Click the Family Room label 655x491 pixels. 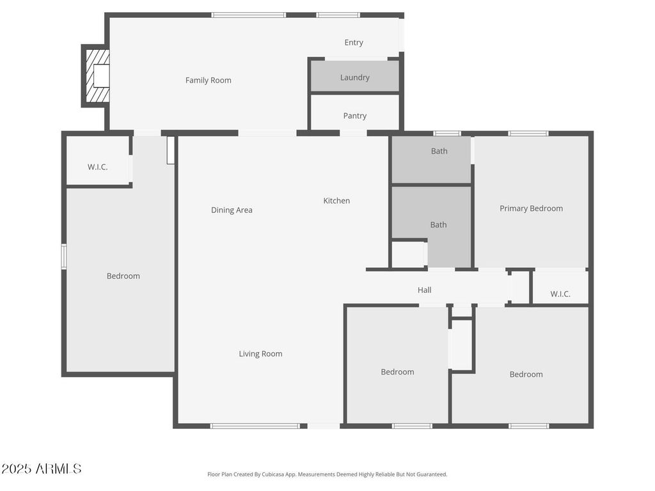pyautogui.click(x=208, y=80)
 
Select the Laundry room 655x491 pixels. pyautogui.click(x=354, y=77)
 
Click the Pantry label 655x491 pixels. pyautogui.click(x=354, y=116)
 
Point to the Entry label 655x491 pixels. pyautogui.click(x=353, y=43)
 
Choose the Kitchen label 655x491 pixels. pyautogui.click(x=336, y=200)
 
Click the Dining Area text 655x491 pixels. pyautogui.click(x=232, y=210)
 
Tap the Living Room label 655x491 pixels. pyautogui.click(x=260, y=354)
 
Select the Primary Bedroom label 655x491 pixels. pyautogui.click(x=531, y=208)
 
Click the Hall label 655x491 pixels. pyautogui.click(x=425, y=290)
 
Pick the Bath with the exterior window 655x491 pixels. pyautogui.click(x=431, y=159)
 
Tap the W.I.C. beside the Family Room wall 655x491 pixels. pyautogui.click(x=98, y=160)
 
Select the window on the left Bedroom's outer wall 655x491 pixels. pyautogui.click(x=64, y=256)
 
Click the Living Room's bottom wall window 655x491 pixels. pyautogui.click(x=255, y=426)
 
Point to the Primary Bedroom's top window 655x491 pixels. pyautogui.click(x=528, y=134)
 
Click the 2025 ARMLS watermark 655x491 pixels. pyautogui.click(x=42, y=469)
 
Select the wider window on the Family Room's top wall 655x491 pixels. pyautogui.click(x=249, y=15)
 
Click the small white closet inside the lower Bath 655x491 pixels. pyautogui.click(x=409, y=254)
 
